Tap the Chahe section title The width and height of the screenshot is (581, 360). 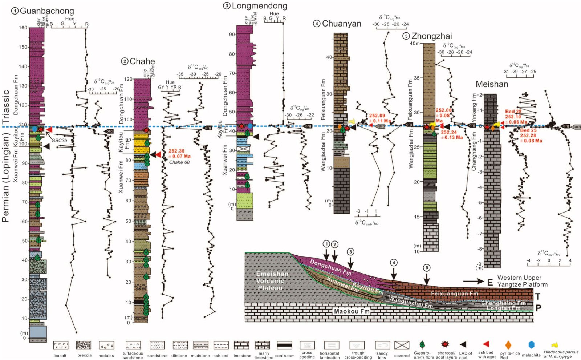tap(142, 61)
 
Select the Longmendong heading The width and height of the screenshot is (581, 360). tap(259, 6)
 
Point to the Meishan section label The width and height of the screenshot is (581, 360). tap(492, 84)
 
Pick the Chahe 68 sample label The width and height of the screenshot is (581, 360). tap(179, 162)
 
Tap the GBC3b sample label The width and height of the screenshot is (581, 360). tap(59, 141)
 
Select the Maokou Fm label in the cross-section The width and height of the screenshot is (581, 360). tap(352, 311)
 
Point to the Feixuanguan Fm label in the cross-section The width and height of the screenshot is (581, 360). tap(454, 294)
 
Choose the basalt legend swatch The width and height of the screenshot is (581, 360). tap(61, 345)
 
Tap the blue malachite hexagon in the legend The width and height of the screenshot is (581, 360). tap(531, 345)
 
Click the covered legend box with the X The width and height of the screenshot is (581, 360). tap(402, 345)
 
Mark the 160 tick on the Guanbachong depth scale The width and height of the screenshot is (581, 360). tap(23, 28)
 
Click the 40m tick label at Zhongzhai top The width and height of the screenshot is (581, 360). tap(415, 43)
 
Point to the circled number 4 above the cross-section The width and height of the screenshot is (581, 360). tap(394, 263)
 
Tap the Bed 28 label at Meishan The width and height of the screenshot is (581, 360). tap(513, 112)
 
